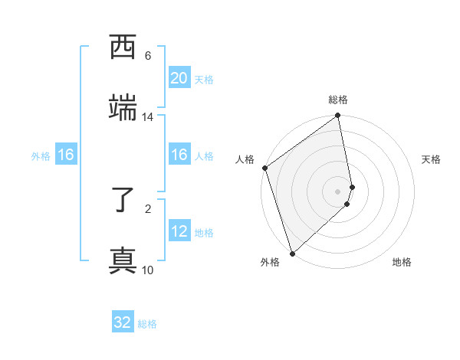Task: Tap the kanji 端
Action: [x=123, y=108]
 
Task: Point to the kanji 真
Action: [x=123, y=261]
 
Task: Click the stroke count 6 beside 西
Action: [x=148, y=56]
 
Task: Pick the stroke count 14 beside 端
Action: [x=148, y=117]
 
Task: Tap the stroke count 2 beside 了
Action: [x=148, y=208]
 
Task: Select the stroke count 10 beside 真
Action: [x=148, y=270]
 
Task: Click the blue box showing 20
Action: [x=179, y=78]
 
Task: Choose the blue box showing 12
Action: [x=179, y=231]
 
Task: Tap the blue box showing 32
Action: [x=123, y=322]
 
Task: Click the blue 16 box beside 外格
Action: [x=66, y=155]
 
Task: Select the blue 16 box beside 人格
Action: [x=179, y=155]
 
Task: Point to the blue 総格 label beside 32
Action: [x=147, y=324]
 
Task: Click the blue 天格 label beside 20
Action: [x=204, y=80]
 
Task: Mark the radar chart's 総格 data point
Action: [x=338, y=116]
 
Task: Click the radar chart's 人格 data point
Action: [x=265, y=168]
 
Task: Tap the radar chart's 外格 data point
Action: [x=292, y=253]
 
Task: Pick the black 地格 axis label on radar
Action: [x=402, y=263]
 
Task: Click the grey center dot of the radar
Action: [x=338, y=191]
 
